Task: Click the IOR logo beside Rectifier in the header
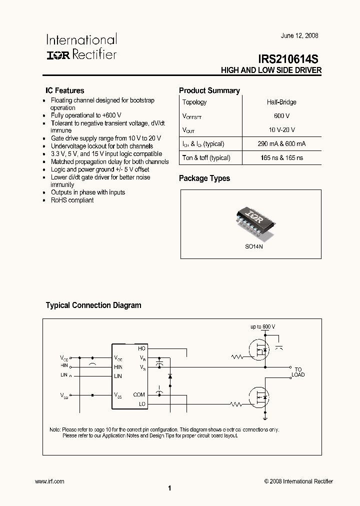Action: click(x=58, y=54)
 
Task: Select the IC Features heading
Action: click(x=65, y=91)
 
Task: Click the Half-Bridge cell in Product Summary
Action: click(x=281, y=102)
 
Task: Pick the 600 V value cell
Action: click(x=281, y=115)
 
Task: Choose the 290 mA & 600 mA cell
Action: click(x=281, y=143)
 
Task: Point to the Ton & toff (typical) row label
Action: click(x=206, y=157)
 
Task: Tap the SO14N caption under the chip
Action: click(x=254, y=247)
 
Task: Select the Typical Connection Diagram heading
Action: click(x=93, y=305)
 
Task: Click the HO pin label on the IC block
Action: click(x=141, y=348)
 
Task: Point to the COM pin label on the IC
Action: click(x=139, y=394)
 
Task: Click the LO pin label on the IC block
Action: click(x=142, y=403)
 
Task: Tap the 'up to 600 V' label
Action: click(x=263, y=326)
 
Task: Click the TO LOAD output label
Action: click(x=298, y=371)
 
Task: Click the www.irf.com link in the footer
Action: click(x=50, y=481)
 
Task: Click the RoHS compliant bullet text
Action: click(x=72, y=200)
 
